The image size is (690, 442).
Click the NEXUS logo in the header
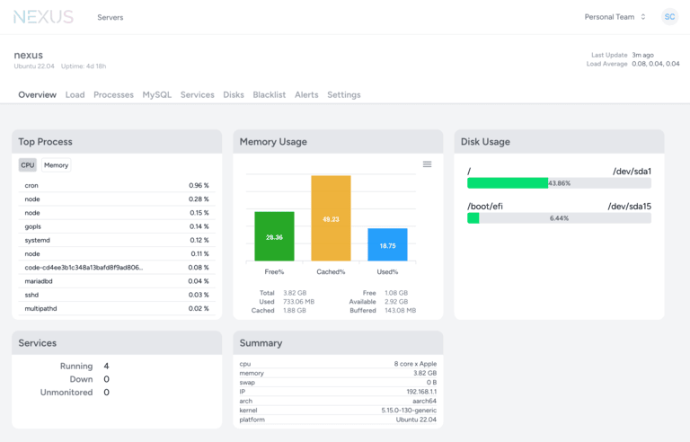(x=43, y=17)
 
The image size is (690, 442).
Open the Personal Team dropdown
(x=615, y=17)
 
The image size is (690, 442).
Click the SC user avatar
(x=669, y=17)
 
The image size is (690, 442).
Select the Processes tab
(x=113, y=94)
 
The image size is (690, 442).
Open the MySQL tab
(x=156, y=94)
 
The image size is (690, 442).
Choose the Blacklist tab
(x=269, y=94)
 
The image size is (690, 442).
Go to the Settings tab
(x=343, y=94)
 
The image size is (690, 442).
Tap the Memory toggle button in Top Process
(x=56, y=165)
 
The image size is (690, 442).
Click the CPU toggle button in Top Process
(x=28, y=165)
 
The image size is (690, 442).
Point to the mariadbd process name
(x=38, y=281)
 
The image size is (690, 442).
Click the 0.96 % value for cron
(x=199, y=186)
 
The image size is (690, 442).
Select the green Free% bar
(x=274, y=236)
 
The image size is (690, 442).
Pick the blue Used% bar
(x=387, y=244)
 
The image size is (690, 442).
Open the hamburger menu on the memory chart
(x=427, y=164)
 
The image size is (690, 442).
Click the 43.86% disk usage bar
(x=559, y=183)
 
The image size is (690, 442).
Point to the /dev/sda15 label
(x=629, y=207)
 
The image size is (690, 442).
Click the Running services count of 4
(x=106, y=367)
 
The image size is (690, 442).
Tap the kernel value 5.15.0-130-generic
(x=409, y=411)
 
